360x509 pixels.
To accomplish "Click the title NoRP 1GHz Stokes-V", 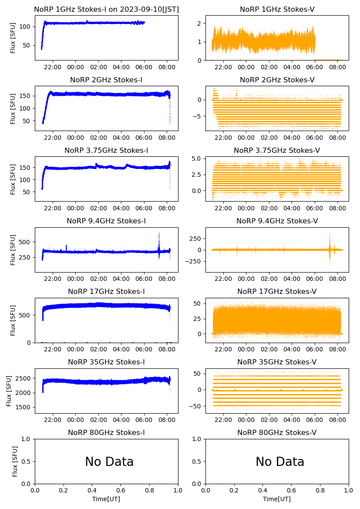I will pyautogui.click(x=277, y=10).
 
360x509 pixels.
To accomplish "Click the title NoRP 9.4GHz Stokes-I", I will pyautogui.click(x=106, y=221).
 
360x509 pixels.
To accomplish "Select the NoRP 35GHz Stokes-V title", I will pyautogui.click(x=277, y=362).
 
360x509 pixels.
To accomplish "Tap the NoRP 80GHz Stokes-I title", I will pyautogui.click(x=106, y=433).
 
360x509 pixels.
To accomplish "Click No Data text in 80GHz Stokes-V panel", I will pyautogui.click(x=280, y=462).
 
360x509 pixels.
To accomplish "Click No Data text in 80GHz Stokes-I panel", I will pyautogui.click(x=109, y=462).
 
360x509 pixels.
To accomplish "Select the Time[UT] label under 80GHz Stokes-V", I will pyautogui.click(x=277, y=499).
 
